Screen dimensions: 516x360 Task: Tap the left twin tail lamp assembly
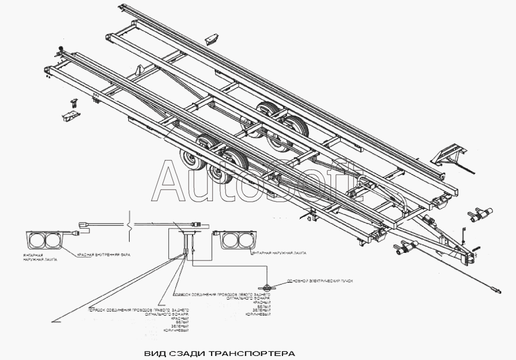43,240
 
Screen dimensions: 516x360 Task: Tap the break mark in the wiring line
131,222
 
